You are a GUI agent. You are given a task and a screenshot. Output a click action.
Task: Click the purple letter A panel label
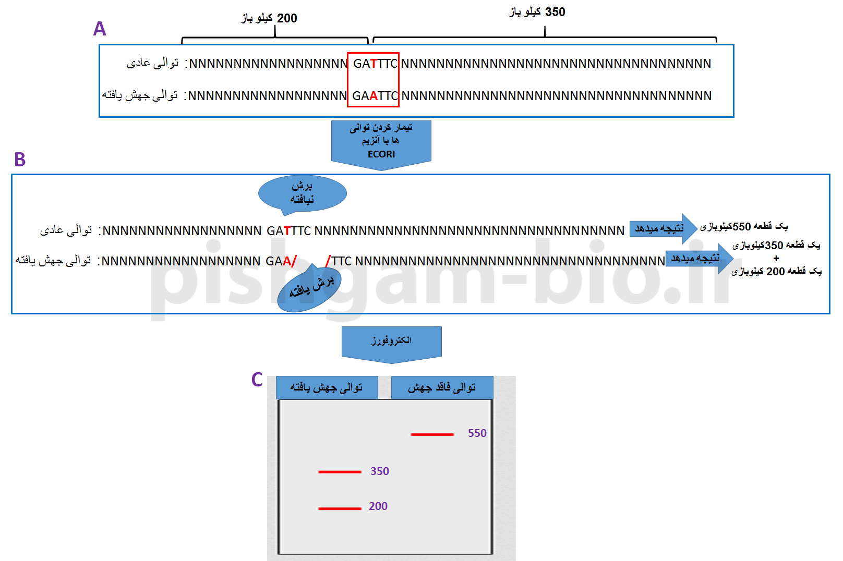coord(100,29)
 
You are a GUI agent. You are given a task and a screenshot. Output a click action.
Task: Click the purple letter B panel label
coord(20,160)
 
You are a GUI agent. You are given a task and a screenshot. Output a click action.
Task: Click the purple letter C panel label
coord(257,380)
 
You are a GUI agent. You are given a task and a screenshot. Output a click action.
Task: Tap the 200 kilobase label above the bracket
coord(269,18)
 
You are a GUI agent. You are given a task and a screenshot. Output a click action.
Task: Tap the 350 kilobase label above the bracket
coord(537,12)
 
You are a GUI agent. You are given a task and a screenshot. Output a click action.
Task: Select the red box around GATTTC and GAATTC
coord(374,80)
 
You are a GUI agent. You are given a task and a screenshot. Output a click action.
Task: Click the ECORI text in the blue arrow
coord(381,154)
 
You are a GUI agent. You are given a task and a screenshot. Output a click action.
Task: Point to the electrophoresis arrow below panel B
coord(391,342)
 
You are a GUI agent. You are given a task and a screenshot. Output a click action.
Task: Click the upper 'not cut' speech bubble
coord(303,193)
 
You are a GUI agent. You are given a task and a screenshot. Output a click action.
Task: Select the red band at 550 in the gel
coord(432,434)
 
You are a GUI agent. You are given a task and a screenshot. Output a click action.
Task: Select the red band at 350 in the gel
coord(340,472)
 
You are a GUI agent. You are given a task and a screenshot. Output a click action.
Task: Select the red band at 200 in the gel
coord(340,508)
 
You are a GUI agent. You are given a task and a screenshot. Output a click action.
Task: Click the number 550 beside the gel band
coord(477,433)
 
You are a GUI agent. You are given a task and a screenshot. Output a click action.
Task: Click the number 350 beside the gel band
coord(380,471)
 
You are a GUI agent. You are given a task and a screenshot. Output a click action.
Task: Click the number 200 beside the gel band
coord(378,506)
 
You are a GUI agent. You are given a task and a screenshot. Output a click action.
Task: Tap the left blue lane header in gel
coord(327,388)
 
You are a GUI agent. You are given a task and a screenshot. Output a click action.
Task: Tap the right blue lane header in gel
coord(442,388)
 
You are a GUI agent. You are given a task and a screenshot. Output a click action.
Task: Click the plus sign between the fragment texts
coord(776,259)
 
